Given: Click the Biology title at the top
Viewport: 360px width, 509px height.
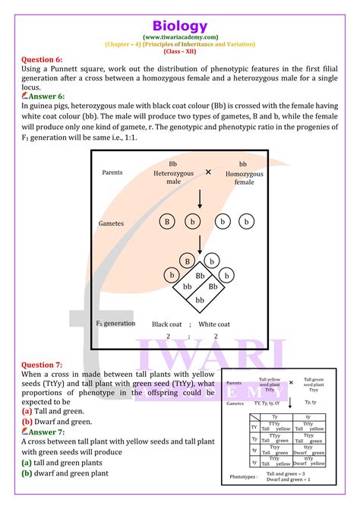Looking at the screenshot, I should tap(179, 26).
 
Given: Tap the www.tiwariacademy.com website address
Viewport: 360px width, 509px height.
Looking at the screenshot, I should tap(179, 36).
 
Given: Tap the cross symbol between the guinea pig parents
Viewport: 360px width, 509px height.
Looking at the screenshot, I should tap(208, 172).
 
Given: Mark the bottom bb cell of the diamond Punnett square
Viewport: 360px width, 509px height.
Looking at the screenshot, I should tap(200, 300).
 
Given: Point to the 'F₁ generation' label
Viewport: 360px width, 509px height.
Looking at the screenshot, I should tap(115, 323).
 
